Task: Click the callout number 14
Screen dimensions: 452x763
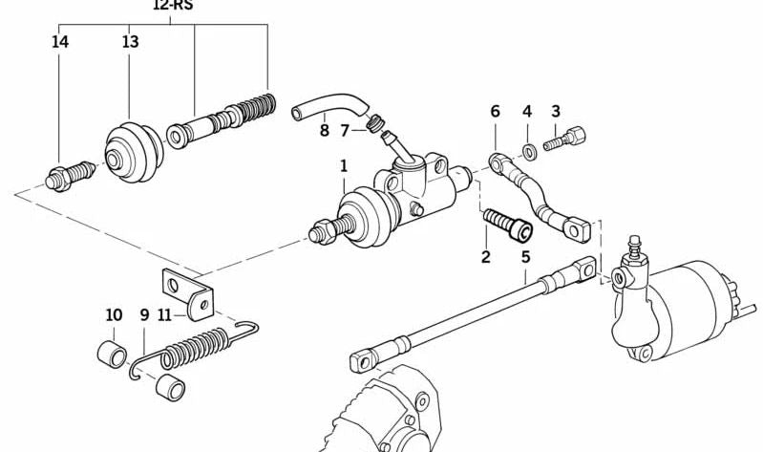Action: point(60,42)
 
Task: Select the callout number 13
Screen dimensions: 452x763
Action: point(130,42)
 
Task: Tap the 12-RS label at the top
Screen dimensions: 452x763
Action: point(172,5)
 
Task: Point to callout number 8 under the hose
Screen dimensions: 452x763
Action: point(324,131)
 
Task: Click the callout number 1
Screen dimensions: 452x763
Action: point(344,166)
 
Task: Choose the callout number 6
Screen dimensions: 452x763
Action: point(495,112)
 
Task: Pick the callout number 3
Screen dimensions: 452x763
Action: point(555,112)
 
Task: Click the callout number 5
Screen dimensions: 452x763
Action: point(525,256)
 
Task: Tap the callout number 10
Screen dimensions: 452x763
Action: point(114,315)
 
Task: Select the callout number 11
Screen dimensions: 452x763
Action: point(164,315)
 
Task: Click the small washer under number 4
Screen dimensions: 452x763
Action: point(528,149)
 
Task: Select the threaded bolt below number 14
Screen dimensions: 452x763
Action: point(70,176)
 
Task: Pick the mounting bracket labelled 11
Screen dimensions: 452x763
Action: point(187,291)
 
